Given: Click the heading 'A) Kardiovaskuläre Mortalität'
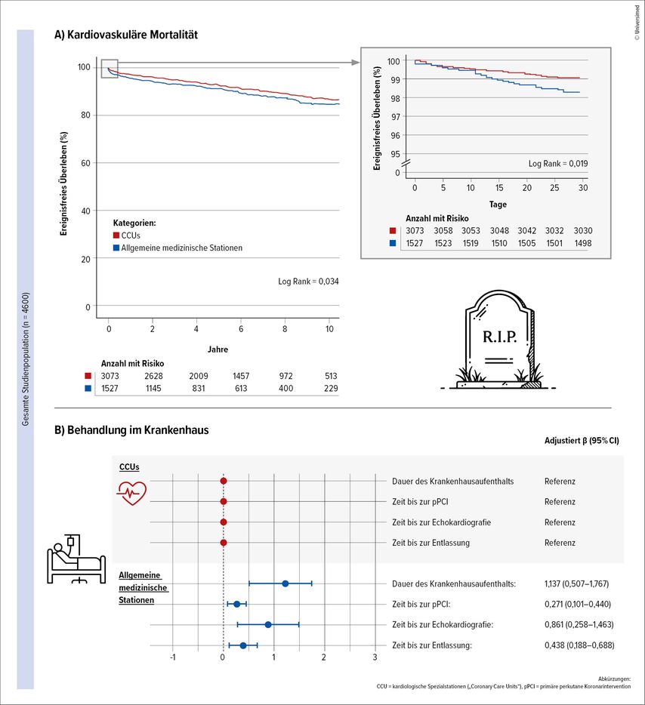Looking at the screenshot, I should (126, 35).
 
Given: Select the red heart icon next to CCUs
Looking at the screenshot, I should (131, 494).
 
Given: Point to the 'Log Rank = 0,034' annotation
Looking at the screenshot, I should (308, 282).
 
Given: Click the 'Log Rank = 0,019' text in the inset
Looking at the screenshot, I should (557, 163).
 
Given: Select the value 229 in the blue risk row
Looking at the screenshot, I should (329, 388).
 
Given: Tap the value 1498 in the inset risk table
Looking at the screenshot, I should (582, 243).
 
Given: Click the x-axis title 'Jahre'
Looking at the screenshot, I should (218, 349).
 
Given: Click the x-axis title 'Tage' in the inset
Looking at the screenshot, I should (497, 204).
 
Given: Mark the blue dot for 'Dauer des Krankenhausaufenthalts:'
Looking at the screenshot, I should (285, 583).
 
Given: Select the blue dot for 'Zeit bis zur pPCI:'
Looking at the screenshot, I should (236, 604).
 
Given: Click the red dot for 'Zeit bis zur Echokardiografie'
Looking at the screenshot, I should (224, 522).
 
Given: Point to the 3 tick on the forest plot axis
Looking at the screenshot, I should (375, 657).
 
